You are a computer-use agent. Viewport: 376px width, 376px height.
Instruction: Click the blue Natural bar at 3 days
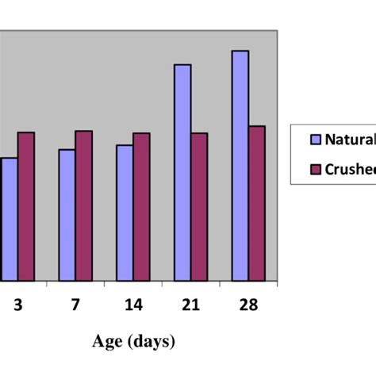point(9,219)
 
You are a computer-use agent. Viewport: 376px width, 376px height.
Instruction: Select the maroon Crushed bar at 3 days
point(26,206)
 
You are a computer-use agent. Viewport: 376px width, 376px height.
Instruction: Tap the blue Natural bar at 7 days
point(67,215)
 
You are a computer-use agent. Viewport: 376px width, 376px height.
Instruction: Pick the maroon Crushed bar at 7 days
point(83,205)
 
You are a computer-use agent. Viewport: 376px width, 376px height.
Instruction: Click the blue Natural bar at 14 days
point(125,213)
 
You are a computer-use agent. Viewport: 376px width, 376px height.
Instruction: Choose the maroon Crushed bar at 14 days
point(141,206)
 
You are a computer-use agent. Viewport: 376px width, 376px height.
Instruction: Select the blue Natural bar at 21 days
point(182,172)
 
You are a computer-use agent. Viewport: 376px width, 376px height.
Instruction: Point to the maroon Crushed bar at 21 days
point(199,206)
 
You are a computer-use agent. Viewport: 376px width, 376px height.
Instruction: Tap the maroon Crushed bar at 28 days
point(257,203)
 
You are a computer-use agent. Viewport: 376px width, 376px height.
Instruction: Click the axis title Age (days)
point(132,342)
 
